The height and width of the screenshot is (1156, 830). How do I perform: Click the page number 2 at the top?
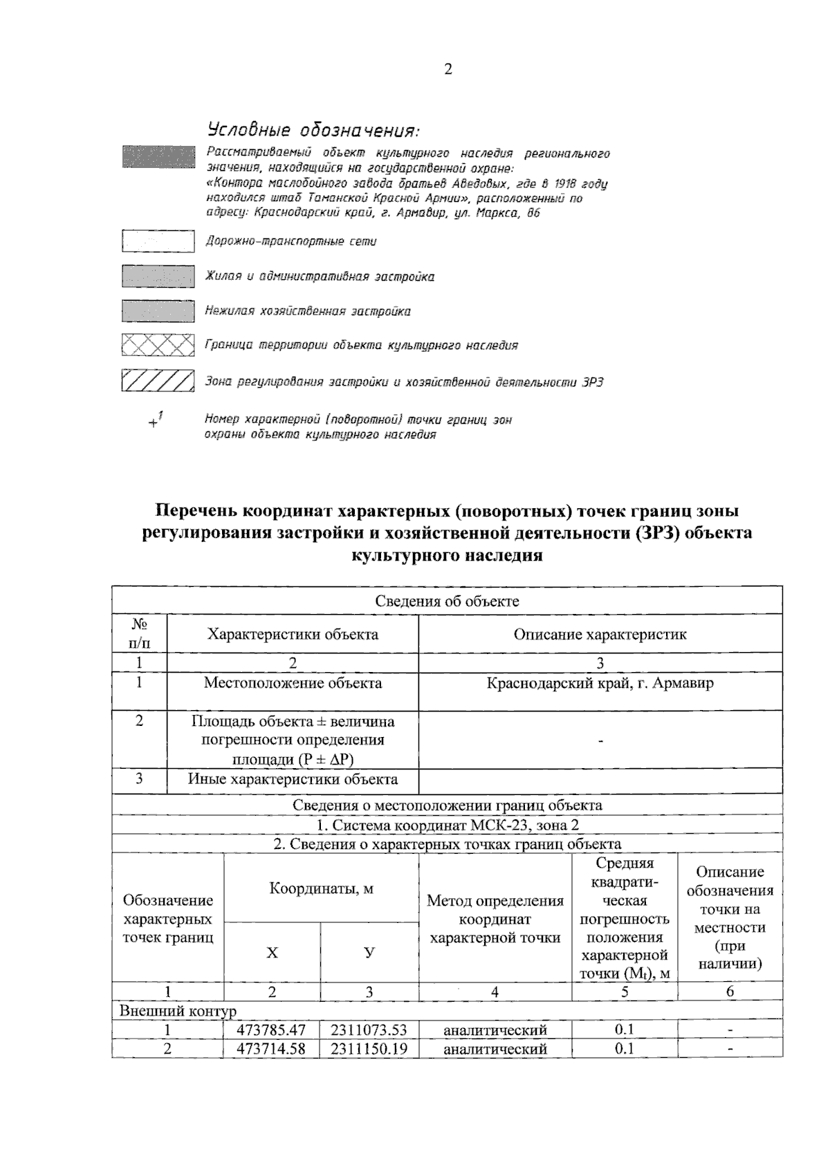pyautogui.click(x=448, y=69)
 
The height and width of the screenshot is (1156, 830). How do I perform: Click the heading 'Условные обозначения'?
pyautogui.click(x=313, y=131)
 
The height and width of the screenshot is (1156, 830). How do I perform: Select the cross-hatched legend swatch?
pyautogui.click(x=158, y=344)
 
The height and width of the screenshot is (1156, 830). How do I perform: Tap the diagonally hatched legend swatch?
pyautogui.click(x=158, y=381)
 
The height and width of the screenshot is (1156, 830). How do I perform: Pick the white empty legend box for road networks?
pyautogui.click(x=158, y=241)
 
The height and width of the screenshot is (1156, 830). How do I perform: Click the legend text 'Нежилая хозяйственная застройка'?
pyautogui.click(x=308, y=311)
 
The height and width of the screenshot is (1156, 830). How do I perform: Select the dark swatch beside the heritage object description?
pyautogui.click(x=158, y=156)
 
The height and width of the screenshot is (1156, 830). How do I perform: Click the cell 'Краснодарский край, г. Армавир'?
pyautogui.click(x=600, y=683)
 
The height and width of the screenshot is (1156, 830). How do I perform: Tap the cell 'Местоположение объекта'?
pyautogui.click(x=293, y=683)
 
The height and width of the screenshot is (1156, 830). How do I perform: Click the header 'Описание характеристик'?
pyautogui.click(x=600, y=634)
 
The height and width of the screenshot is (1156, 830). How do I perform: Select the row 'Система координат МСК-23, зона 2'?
pyautogui.click(x=447, y=825)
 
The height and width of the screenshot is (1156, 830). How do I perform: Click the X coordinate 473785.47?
pyautogui.click(x=271, y=1030)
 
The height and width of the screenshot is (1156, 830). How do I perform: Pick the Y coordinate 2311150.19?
pyautogui.click(x=368, y=1049)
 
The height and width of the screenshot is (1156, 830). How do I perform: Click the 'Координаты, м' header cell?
pyautogui.click(x=321, y=888)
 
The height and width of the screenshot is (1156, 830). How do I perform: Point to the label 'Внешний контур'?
pyautogui.click(x=178, y=1011)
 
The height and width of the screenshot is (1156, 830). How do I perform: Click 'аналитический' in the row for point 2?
pyautogui.click(x=495, y=1049)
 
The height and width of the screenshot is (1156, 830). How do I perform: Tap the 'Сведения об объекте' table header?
pyautogui.click(x=447, y=601)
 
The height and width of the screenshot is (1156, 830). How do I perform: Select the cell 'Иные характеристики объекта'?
pyautogui.click(x=293, y=779)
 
